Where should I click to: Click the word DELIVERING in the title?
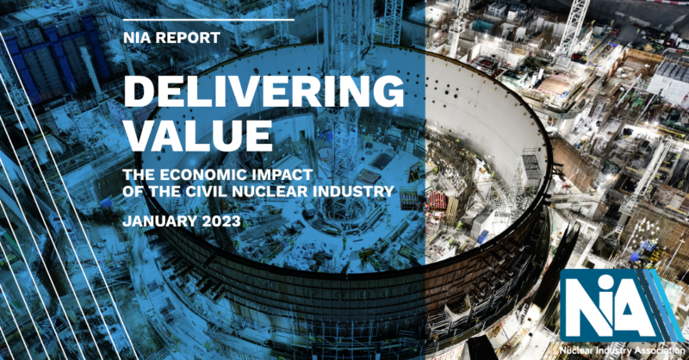click(264, 91)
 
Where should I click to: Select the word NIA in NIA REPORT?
click(135, 38)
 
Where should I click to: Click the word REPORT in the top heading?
click(185, 38)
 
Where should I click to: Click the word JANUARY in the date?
click(160, 220)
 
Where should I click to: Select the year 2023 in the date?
click(221, 220)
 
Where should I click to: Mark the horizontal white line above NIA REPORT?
click(208, 20)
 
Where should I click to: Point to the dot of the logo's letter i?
click(613, 284)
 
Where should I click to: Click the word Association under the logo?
click(659, 351)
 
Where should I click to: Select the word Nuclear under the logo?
click(575, 351)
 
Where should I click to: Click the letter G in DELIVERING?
click(386, 91)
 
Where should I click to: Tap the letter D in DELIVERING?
click(140, 91)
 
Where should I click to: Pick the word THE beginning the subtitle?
click(140, 175)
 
